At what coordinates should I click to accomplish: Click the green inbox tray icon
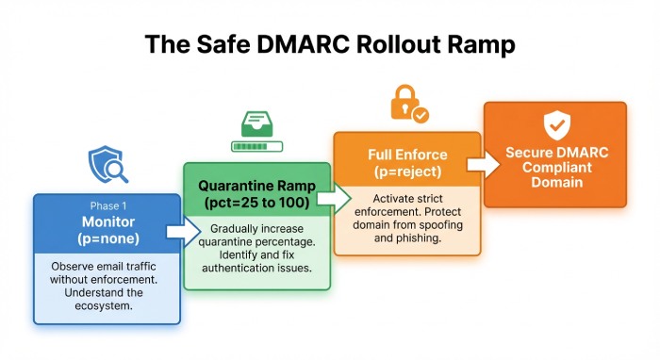click(257, 125)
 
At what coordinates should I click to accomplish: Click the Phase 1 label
click(107, 205)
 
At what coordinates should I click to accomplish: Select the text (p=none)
click(107, 238)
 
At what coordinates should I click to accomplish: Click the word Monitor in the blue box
click(107, 221)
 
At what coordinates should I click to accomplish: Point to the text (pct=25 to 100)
click(256, 203)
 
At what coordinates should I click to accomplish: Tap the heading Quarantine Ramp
click(256, 186)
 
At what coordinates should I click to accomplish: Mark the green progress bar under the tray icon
click(257, 146)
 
